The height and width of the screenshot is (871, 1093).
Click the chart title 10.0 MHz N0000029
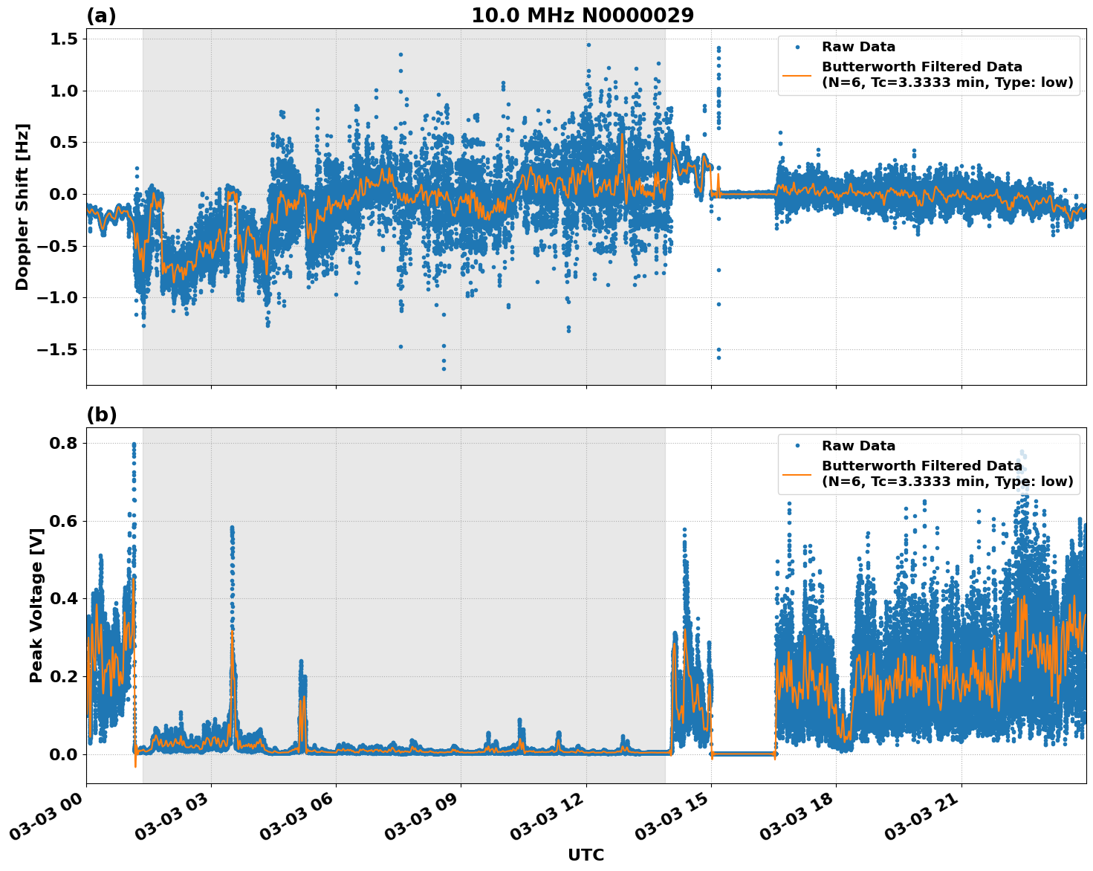click(x=583, y=16)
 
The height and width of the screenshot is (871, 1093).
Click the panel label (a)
click(x=101, y=16)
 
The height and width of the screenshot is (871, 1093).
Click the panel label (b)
click(x=101, y=415)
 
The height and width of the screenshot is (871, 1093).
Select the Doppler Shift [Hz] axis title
click(x=23, y=207)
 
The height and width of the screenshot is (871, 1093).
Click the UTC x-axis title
click(x=586, y=855)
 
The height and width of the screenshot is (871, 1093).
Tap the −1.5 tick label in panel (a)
click(x=56, y=349)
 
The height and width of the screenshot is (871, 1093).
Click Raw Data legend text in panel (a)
click(x=858, y=47)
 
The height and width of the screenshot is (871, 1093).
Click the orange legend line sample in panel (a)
click(x=797, y=75)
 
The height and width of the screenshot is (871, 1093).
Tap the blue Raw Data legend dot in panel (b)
click(x=797, y=446)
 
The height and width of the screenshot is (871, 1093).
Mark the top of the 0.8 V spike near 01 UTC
click(x=134, y=444)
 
